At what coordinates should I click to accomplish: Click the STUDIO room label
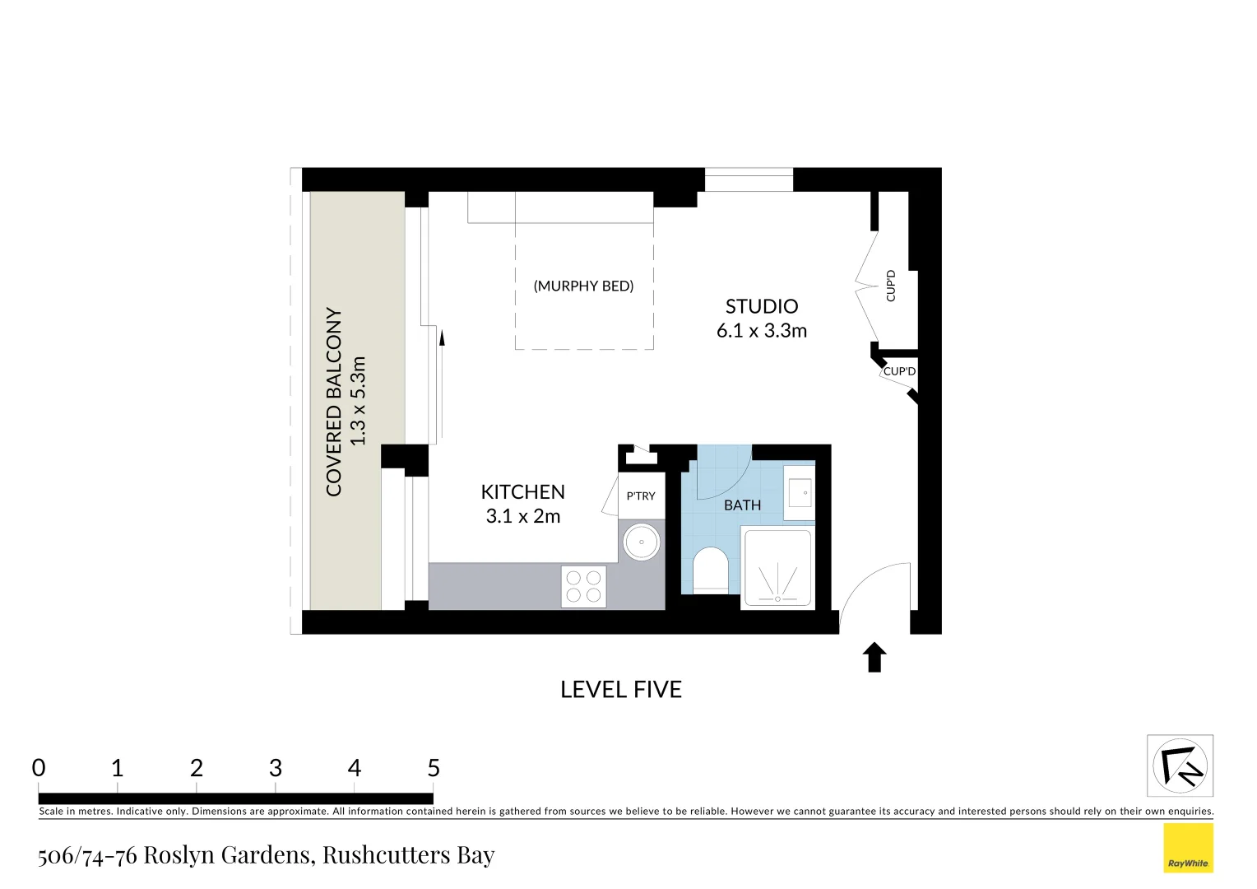[x=761, y=306]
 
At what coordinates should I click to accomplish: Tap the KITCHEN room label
[x=522, y=492]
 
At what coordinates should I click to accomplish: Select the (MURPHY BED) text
[x=583, y=286]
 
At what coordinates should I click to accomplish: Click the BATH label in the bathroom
[x=742, y=505]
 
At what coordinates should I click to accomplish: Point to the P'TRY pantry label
[x=641, y=496]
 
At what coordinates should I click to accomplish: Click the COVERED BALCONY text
[x=334, y=402]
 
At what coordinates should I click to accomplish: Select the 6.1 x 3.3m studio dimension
[x=761, y=331]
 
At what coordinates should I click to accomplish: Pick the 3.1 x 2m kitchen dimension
[x=522, y=516]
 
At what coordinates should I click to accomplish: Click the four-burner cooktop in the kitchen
[x=583, y=586]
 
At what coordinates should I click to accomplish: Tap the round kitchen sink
[x=641, y=542]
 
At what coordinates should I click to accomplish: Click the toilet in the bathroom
[x=711, y=570]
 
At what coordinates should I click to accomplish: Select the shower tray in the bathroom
[x=777, y=569]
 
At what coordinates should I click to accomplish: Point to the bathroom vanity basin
[x=798, y=493]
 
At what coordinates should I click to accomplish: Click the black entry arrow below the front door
[x=874, y=657]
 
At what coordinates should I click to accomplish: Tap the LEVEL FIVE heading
[x=621, y=690]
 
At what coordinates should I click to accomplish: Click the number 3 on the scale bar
[x=276, y=768]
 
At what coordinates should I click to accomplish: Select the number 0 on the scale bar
[x=39, y=768]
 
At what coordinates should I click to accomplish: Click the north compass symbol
[x=1180, y=766]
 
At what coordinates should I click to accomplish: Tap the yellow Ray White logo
[x=1188, y=848]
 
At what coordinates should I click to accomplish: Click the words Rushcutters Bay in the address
[x=408, y=855]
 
